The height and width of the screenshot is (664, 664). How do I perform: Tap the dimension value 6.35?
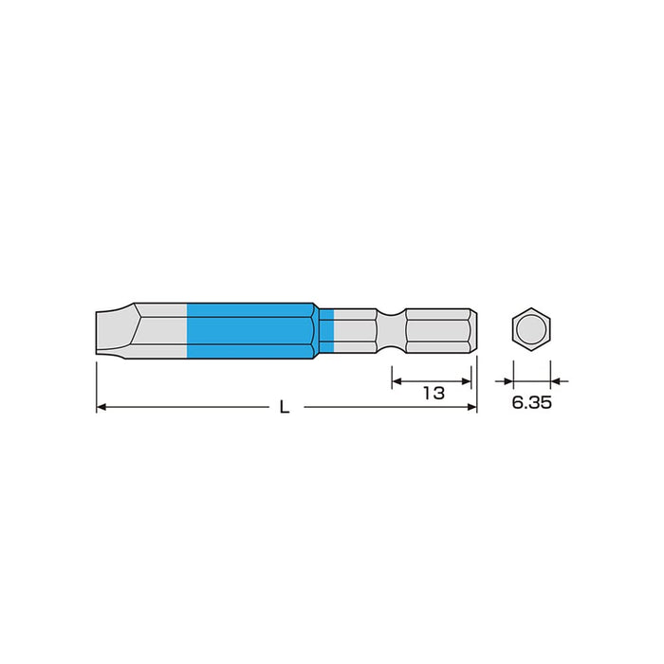(x=532, y=402)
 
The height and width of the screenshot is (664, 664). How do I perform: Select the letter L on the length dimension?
(x=285, y=407)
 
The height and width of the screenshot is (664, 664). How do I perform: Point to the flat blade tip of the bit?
(x=102, y=331)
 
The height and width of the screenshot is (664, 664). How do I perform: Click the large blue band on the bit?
(x=251, y=331)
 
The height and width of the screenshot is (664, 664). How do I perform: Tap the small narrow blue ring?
(x=327, y=331)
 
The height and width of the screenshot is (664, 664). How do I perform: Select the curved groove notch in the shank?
(x=391, y=331)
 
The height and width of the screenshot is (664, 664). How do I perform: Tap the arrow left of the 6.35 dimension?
(x=505, y=380)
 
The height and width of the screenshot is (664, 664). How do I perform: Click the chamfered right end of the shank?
(x=471, y=331)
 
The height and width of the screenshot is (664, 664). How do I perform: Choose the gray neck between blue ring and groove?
(x=356, y=331)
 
